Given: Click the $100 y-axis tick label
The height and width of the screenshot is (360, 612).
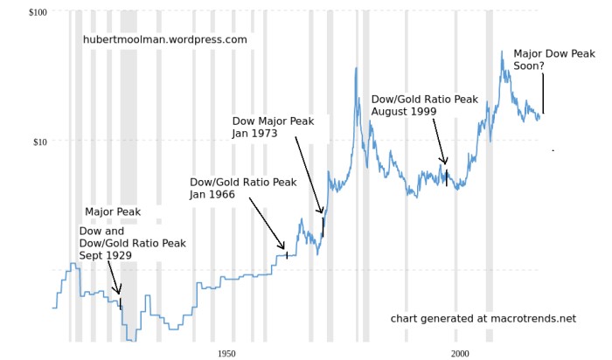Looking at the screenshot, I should (x=38, y=11).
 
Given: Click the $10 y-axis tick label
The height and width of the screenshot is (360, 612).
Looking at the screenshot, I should (x=40, y=142).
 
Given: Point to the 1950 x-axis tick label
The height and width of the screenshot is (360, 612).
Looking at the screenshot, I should (x=226, y=354).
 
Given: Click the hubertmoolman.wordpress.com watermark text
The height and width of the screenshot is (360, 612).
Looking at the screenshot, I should (x=165, y=39).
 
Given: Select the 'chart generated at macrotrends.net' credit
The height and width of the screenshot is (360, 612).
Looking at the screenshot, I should (x=483, y=319).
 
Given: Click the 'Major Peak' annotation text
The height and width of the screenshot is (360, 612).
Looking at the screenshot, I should (x=113, y=212).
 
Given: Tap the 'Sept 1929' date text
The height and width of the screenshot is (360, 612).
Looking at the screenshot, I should (x=105, y=255).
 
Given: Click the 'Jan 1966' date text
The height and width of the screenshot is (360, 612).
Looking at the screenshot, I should (x=212, y=195).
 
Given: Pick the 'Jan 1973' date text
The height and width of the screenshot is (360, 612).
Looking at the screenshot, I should (x=254, y=134).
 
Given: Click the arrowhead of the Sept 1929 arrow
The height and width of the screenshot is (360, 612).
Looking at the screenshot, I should (x=120, y=293).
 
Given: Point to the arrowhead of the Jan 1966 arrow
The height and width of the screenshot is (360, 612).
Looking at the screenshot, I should (x=284, y=249).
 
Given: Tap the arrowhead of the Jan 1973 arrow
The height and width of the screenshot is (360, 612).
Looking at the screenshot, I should (x=322, y=212).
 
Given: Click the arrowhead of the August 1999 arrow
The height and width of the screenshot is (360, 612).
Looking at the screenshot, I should (x=445, y=163).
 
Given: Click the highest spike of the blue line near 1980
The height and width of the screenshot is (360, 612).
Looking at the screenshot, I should (x=356, y=69).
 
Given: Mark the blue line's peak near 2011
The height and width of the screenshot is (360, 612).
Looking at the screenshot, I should (x=502, y=52).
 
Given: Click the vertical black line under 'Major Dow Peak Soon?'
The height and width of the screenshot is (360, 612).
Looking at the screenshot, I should (x=543, y=93).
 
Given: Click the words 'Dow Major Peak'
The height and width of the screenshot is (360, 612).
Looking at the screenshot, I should (x=272, y=121).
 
